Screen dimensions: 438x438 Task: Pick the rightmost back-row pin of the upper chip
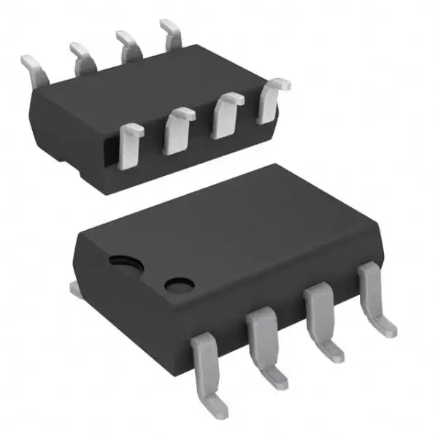coord(172,33)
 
